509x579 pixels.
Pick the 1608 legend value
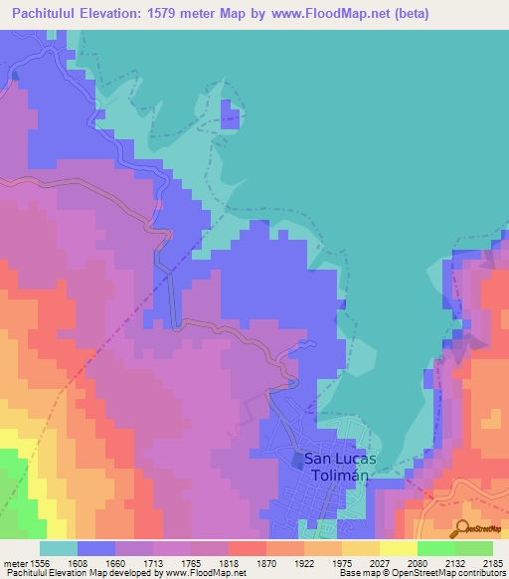coord(96,563)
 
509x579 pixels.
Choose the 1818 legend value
coord(248,563)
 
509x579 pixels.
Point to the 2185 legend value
coord(493,563)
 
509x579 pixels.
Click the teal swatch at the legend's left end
coord(59,548)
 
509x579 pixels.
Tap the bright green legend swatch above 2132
coord(435,548)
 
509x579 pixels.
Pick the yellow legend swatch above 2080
coord(398,548)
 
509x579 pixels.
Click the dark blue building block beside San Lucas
coord(298,459)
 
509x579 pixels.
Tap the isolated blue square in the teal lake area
coord(230,108)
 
